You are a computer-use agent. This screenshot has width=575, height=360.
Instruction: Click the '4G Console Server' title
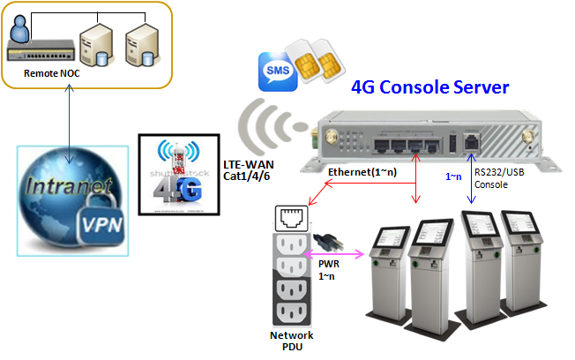(429, 87)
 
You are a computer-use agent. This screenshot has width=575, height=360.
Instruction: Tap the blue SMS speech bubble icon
(275, 71)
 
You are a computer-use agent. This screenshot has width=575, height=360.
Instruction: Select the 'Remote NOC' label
(51, 73)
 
